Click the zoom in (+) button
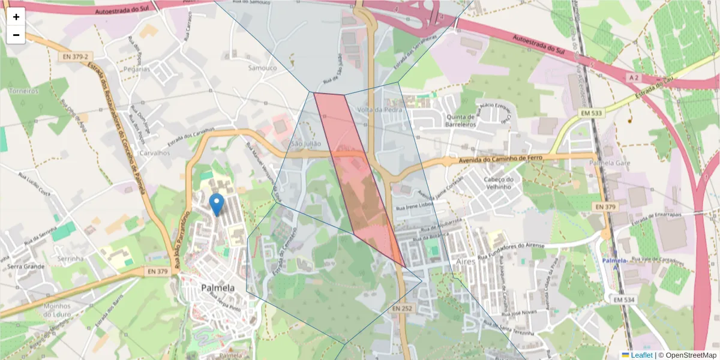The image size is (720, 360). tap(16, 17)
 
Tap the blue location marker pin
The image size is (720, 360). tap(217, 205)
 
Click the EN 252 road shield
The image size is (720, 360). tap(403, 308)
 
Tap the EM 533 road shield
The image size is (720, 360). tap(592, 113)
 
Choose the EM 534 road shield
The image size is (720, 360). tap(625, 299)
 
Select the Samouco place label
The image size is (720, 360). tap(263, 68)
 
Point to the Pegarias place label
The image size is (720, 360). tap(136, 69)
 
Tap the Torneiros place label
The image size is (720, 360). tap(24, 91)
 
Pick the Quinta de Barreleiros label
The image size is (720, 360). tap(460, 121)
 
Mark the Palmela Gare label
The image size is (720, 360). tap(609, 163)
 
